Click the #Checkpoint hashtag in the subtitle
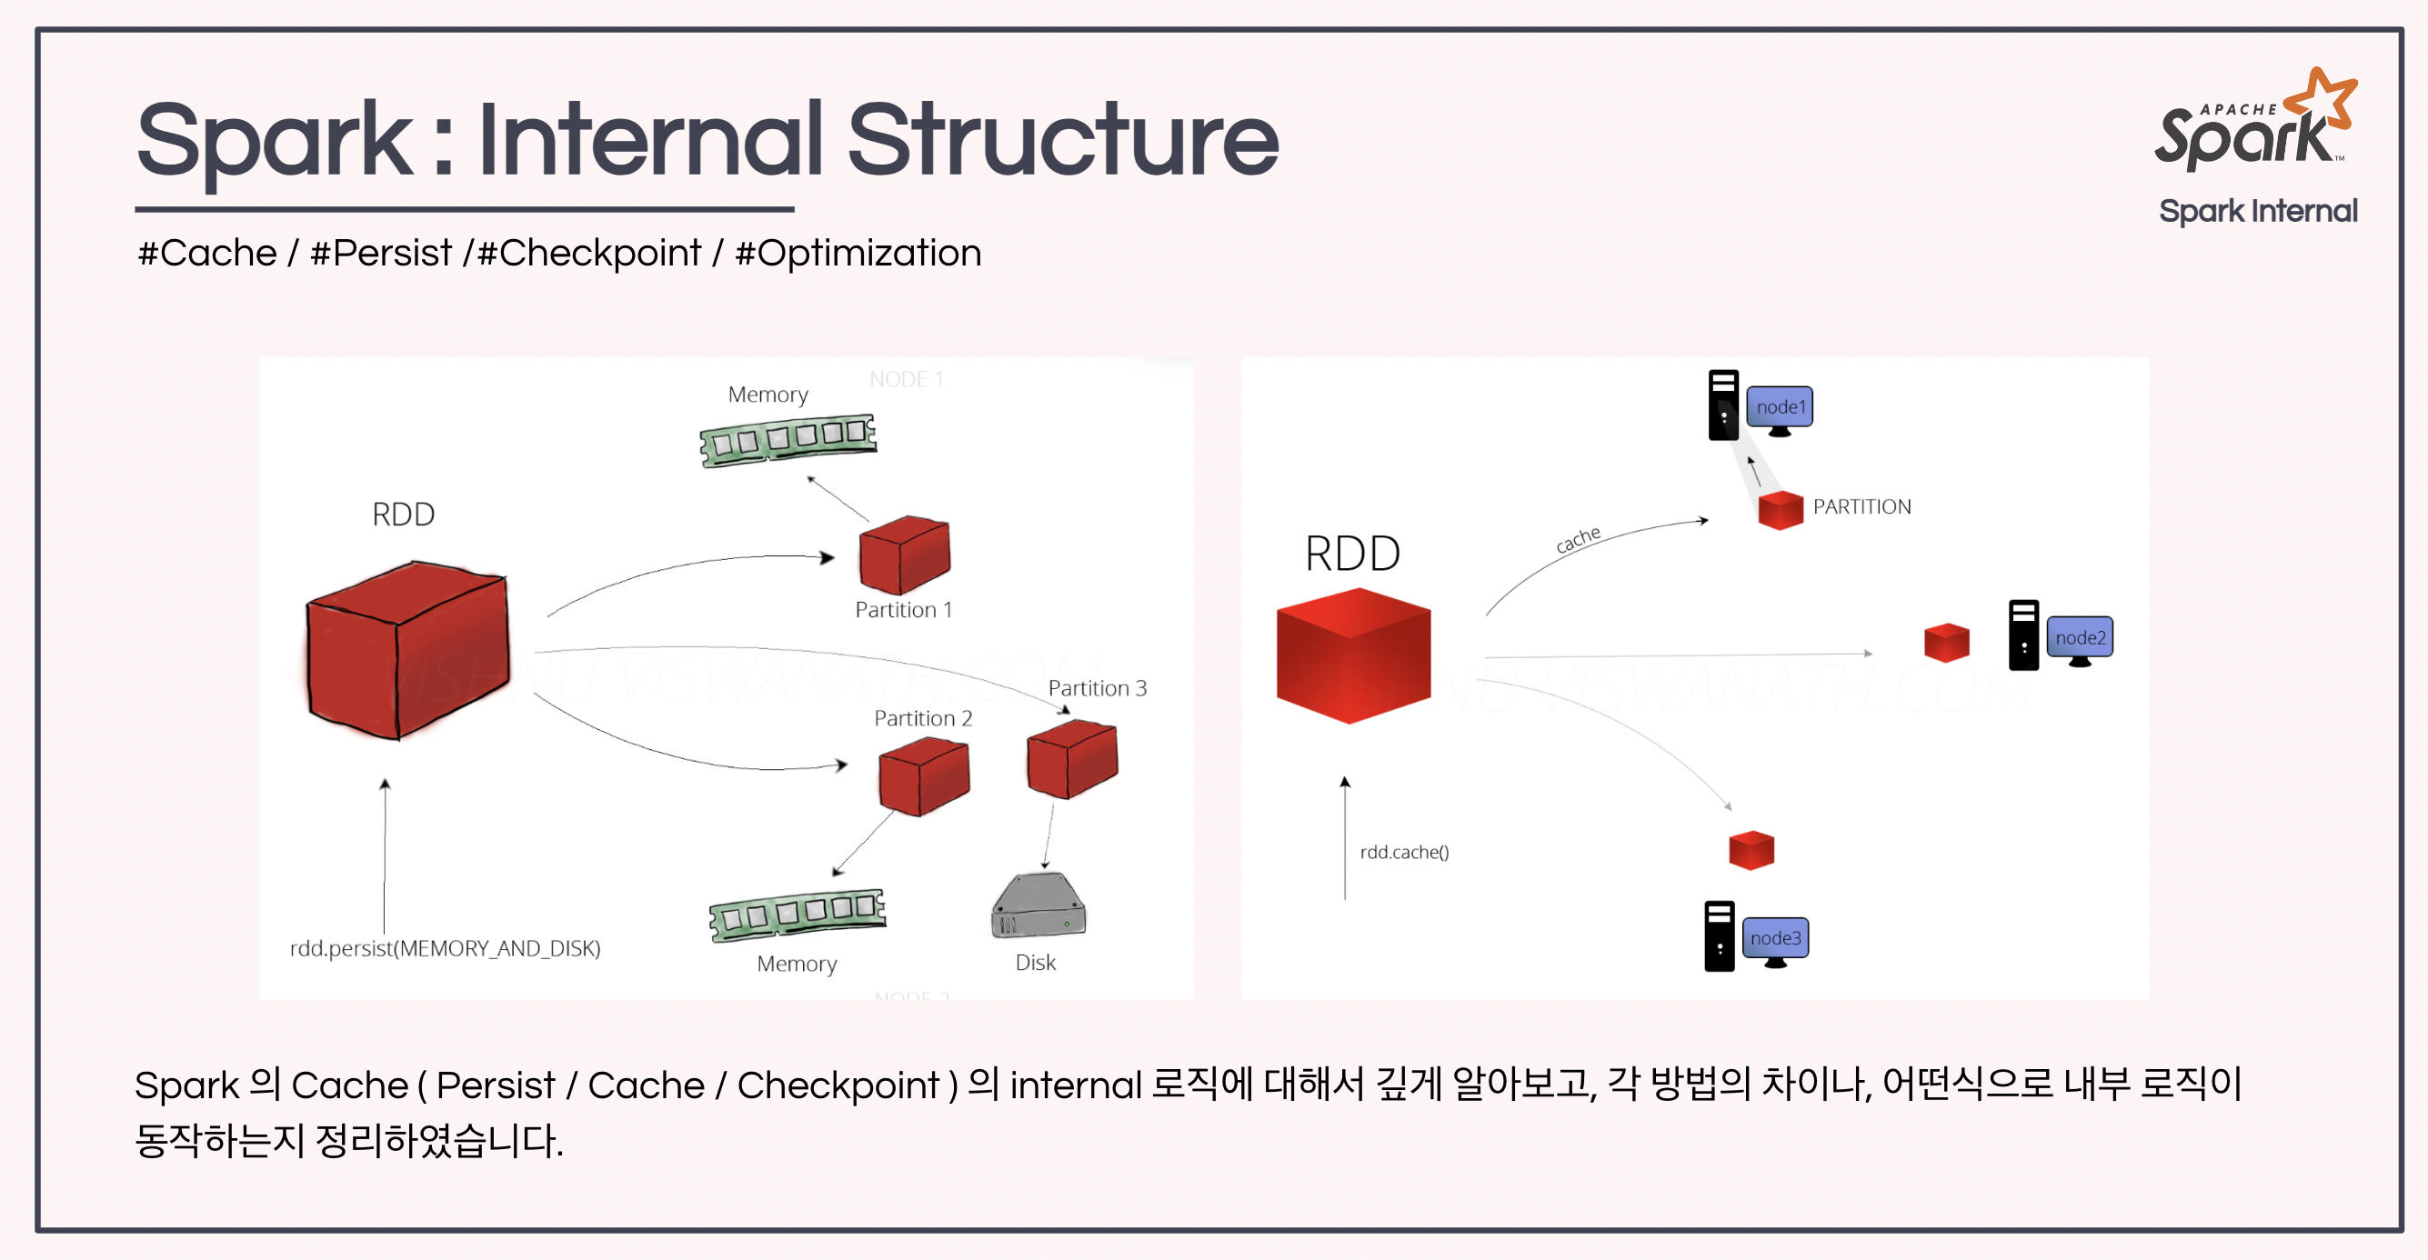tap(590, 253)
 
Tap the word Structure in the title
tap(1062, 141)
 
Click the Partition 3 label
tap(1097, 688)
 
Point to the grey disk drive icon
tap(1038, 905)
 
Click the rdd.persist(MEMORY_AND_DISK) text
tap(445, 948)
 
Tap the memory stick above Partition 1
tap(788, 439)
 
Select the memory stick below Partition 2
tap(798, 914)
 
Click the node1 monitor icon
tap(1780, 409)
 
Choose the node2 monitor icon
tap(2079, 639)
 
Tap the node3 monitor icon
tap(1775, 940)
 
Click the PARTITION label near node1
tap(1861, 507)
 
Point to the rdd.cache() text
tap(1403, 852)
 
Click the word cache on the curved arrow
tap(1578, 539)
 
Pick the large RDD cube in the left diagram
tap(407, 650)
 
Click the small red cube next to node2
tap(1946, 643)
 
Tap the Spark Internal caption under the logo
tap(2257, 211)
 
